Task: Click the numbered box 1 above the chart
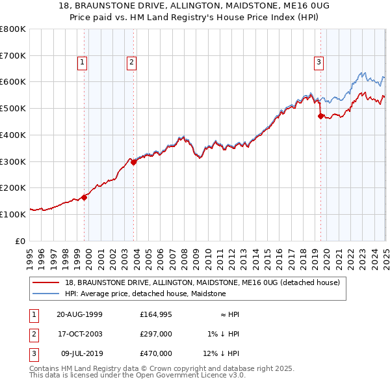[83, 62]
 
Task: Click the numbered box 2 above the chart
[131, 62]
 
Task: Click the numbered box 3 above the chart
[319, 62]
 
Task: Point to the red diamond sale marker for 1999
[84, 197]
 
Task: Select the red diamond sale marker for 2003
[134, 163]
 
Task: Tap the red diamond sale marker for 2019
[320, 117]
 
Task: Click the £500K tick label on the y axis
[13, 108]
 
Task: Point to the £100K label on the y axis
[13, 214]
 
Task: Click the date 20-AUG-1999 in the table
[79, 315]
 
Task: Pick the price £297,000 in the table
[155, 335]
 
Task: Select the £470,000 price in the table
[155, 354]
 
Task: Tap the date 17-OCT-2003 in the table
[79, 335]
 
